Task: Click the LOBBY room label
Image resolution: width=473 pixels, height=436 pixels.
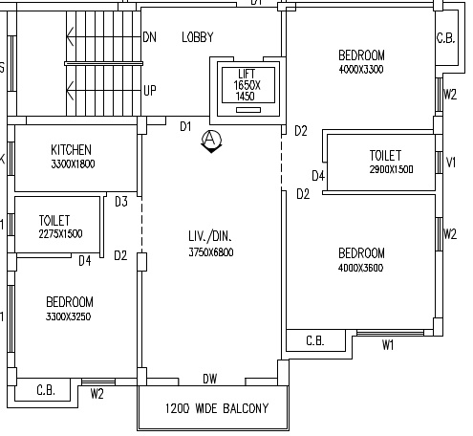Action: [x=198, y=37]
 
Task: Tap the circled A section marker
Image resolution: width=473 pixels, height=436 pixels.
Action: [x=211, y=141]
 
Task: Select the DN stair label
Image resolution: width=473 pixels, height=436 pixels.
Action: [x=150, y=37]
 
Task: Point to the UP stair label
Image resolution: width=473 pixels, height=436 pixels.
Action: [x=150, y=91]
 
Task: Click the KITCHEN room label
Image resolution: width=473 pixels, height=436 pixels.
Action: [x=71, y=150]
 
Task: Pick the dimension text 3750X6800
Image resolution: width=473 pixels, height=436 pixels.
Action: [x=211, y=252]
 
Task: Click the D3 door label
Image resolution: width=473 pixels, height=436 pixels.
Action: [x=121, y=202]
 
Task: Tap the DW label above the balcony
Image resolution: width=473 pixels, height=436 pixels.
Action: [x=210, y=379]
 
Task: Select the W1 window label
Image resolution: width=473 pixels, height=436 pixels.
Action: [x=388, y=344]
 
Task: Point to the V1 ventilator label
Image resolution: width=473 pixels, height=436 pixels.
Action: [x=451, y=163]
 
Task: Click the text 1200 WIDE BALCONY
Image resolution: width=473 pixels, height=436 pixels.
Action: [x=217, y=408]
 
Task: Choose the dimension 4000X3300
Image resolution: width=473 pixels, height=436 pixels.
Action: [x=361, y=69]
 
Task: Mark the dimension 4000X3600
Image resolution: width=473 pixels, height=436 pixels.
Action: [x=360, y=268]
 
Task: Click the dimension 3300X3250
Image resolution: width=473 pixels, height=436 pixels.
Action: [x=69, y=316]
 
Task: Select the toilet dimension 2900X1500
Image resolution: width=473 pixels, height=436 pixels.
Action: [x=391, y=169]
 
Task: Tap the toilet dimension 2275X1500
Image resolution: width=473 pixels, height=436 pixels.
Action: [x=60, y=234]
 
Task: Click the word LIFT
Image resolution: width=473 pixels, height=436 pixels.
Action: [x=247, y=74]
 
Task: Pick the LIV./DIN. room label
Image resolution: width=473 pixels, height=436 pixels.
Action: [x=210, y=236]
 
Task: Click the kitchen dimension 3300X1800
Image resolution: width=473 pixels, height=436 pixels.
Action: [x=73, y=163]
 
